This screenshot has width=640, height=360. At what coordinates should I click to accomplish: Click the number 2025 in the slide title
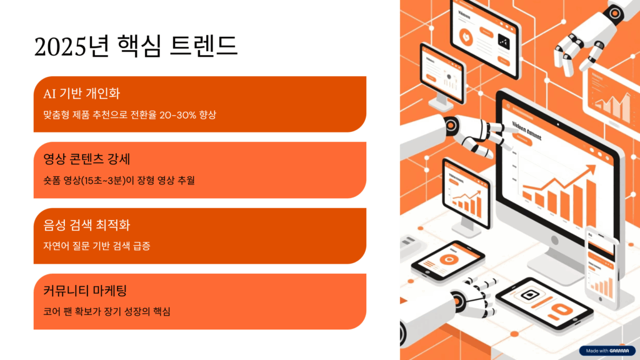click(x=59, y=47)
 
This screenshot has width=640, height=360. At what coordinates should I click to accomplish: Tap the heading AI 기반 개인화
click(x=81, y=94)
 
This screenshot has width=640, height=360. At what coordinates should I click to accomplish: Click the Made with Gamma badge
click(x=607, y=351)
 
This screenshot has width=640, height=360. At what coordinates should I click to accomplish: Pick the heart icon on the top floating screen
click(x=466, y=36)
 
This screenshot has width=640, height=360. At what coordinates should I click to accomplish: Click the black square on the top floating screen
click(x=504, y=41)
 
